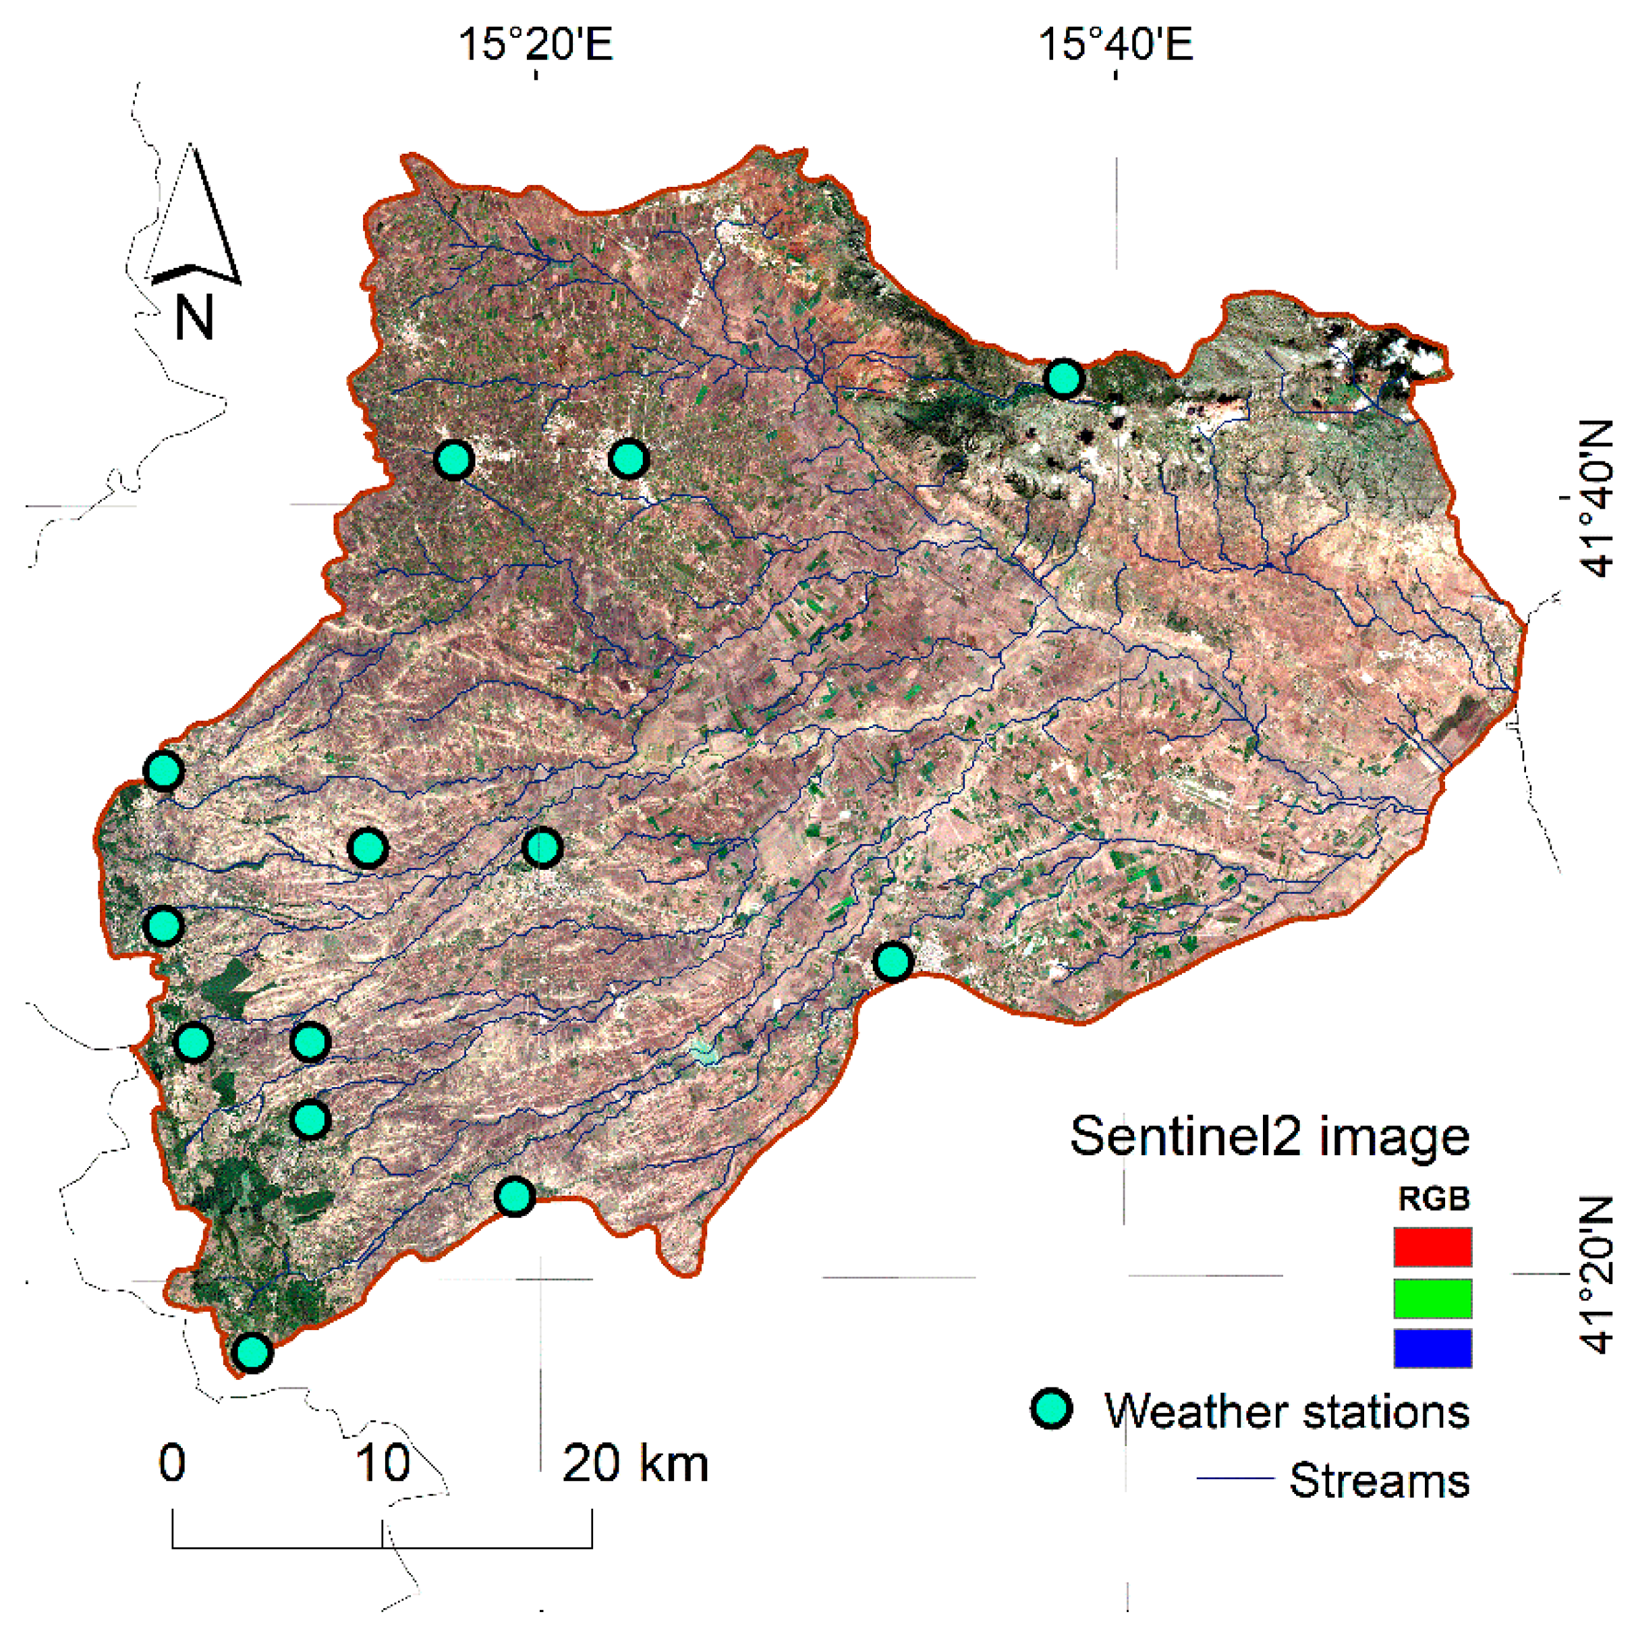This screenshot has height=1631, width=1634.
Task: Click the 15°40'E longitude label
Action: (x=1115, y=44)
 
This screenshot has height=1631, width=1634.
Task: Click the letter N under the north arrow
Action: (x=194, y=318)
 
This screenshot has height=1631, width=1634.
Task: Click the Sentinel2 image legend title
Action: (x=1268, y=1136)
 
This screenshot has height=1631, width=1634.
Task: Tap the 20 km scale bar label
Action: (x=634, y=1463)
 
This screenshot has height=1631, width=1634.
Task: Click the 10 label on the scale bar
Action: (x=383, y=1463)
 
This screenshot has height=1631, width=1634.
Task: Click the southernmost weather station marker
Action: (x=252, y=1352)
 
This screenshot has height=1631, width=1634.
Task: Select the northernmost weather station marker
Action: (x=1063, y=377)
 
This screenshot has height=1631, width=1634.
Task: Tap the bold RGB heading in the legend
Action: (x=1433, y=1198)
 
